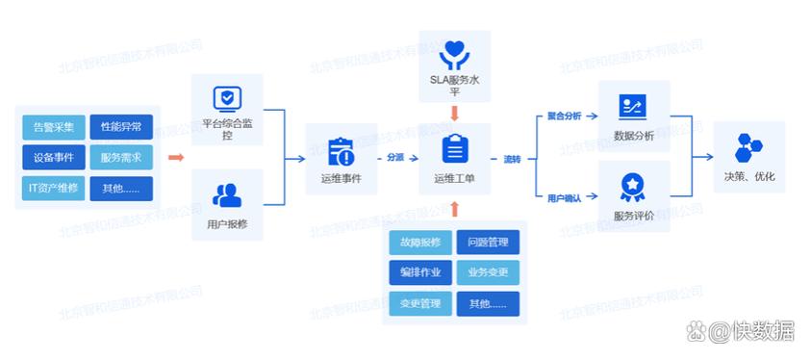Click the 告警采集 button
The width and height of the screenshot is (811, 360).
tap(53, 127)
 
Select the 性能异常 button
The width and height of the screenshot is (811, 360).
tap(121, 127)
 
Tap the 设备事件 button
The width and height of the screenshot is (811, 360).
tap(53, 158)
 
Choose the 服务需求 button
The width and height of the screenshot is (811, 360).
tap(121, 158)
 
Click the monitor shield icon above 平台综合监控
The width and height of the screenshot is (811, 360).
tap(227, 98)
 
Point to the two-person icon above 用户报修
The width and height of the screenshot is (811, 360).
tap(227, 195)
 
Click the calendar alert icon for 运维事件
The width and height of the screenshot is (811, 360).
tap(341, 151)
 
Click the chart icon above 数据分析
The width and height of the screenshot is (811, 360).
tap(632, 106)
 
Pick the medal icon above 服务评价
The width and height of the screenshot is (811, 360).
tap(632, 184)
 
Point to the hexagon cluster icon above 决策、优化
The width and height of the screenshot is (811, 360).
tap(748, 147)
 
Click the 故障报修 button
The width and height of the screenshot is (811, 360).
tap(420, 243)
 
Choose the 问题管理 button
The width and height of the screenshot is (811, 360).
tap(488, 243)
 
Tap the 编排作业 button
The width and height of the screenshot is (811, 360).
tap(420, 272)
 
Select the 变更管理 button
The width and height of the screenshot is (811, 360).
tap(420, 304)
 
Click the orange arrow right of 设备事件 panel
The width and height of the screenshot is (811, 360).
tap(175, 157)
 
